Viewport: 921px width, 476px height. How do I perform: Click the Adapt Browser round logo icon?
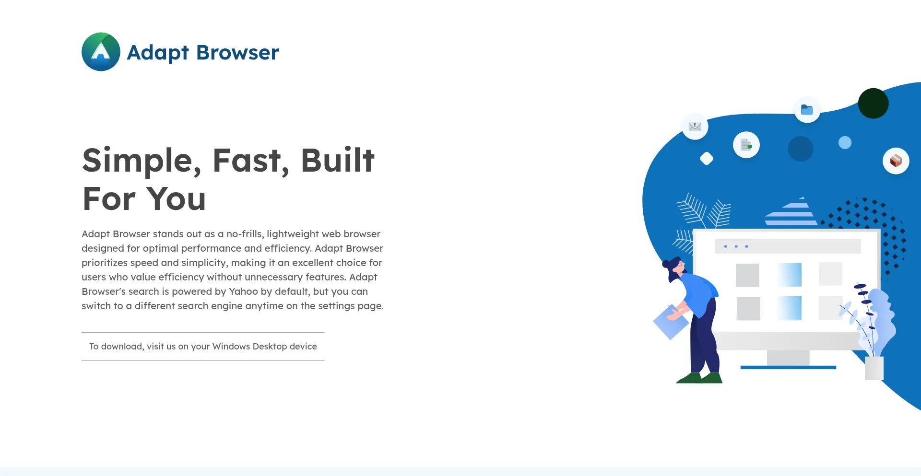pos(101,52)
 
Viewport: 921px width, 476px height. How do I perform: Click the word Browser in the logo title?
pos(237,53)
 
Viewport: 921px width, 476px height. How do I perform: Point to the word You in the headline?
pos(176,199)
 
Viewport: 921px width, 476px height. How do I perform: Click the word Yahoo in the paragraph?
pos(243,291)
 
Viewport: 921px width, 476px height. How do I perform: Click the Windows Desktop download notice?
pos(203,346)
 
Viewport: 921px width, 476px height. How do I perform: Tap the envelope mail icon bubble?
pos(695,127)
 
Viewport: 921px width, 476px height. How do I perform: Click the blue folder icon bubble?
pos(807,110)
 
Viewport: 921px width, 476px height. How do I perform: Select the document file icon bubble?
pos(746,145)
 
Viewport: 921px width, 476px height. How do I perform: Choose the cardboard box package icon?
pos(896,161)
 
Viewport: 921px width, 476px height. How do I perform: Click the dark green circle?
pos(873,104)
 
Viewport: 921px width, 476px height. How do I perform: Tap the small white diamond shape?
pos(707,158)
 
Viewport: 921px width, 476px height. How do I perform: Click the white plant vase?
pos(874,368)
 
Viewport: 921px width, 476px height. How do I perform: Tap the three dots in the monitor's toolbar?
pos(736,246)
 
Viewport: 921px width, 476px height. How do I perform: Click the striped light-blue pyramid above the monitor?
pos(791,213)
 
